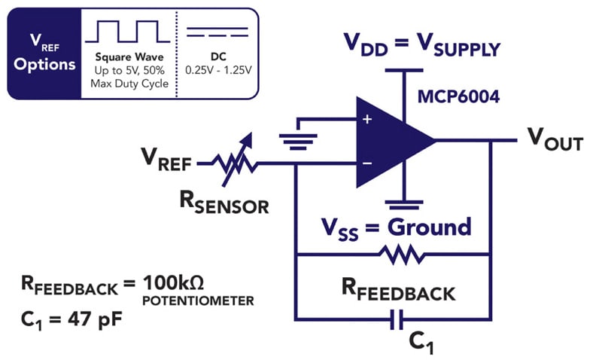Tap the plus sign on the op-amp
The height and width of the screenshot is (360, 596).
366,120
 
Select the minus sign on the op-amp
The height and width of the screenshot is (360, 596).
366,163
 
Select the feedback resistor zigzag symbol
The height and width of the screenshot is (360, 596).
394,254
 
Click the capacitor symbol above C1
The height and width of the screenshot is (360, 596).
394,322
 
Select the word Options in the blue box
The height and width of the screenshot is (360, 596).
44,64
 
